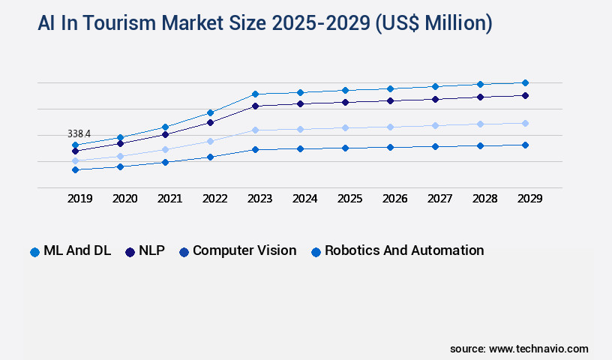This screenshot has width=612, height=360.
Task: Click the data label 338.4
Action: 79,133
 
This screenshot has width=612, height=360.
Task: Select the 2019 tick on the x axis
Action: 80,199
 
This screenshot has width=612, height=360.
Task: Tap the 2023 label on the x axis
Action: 259,199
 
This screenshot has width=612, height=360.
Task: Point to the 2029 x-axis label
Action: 529,199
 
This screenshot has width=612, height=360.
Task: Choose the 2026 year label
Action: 394,199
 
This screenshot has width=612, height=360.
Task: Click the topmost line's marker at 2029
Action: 525,82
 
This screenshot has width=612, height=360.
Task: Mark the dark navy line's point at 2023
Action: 255,106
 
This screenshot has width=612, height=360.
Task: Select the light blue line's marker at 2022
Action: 210,141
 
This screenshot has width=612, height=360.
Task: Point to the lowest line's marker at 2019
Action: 75,169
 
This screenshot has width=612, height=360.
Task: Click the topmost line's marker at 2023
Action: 255,94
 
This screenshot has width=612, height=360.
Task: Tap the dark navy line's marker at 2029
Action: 525,95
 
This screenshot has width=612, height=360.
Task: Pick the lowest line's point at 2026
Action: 390,147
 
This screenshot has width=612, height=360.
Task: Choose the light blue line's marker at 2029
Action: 525,123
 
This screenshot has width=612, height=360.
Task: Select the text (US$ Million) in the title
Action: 431,24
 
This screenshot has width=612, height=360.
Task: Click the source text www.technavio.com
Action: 538,349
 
